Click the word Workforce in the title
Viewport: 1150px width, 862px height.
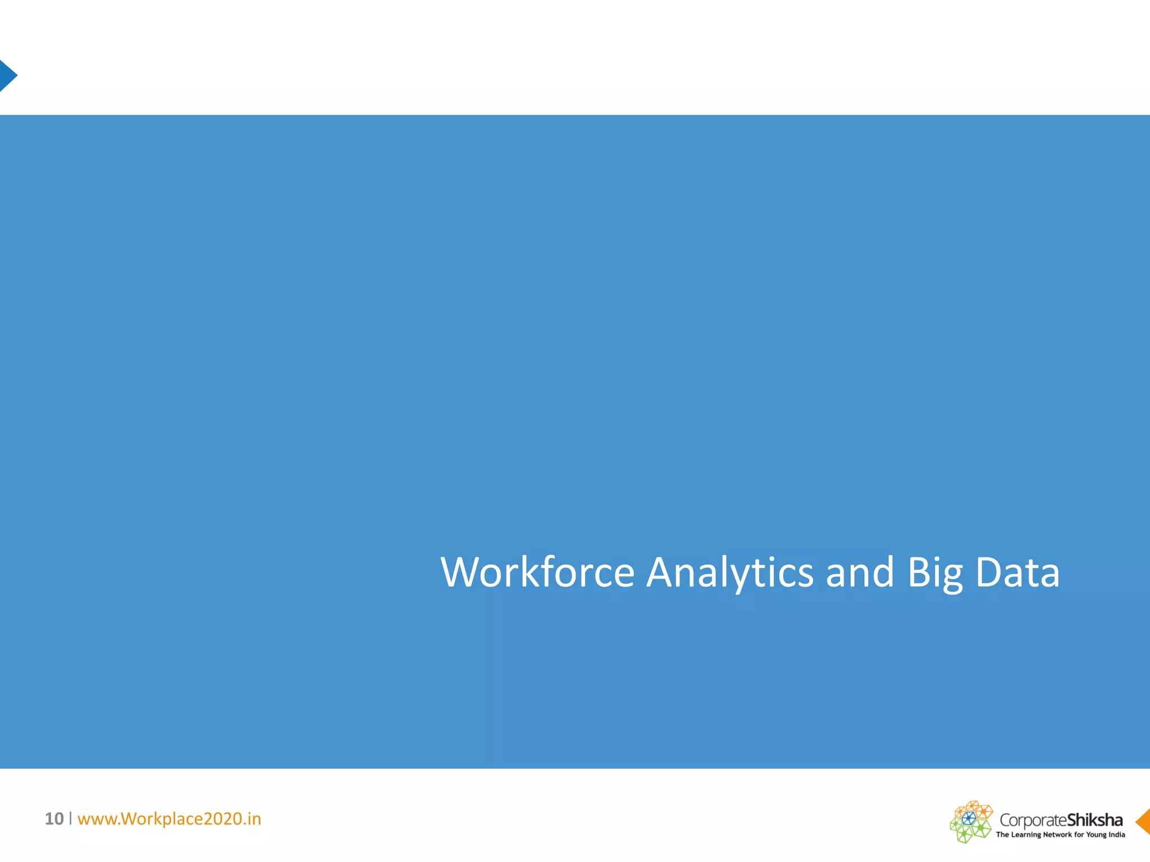click(537, 572)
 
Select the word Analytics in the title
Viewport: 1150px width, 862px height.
click(729, 572)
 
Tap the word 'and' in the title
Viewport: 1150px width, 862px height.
click(860, 572)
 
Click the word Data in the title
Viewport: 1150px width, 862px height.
click(1017, 572)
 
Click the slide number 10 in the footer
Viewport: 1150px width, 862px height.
click(54, 819)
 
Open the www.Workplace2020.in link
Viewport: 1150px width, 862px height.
click(169, 819)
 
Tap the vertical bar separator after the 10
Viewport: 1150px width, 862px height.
click(71, 818)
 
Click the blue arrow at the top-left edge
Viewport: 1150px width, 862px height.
click(7, 76)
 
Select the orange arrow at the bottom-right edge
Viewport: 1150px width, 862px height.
click(1143, 822)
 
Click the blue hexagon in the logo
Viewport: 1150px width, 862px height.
click(969, 818)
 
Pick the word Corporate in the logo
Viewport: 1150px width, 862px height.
click(1033, 820)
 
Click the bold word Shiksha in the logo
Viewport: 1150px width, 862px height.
click(1094, 820)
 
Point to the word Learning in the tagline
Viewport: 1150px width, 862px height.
click(1026, 835)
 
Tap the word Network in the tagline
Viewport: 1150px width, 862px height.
click(1057, 835)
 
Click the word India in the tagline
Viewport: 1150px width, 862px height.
click(1117, 835)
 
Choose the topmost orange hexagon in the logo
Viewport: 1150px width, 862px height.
click(973, 805)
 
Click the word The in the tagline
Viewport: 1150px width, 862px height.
click(1002, 835)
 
